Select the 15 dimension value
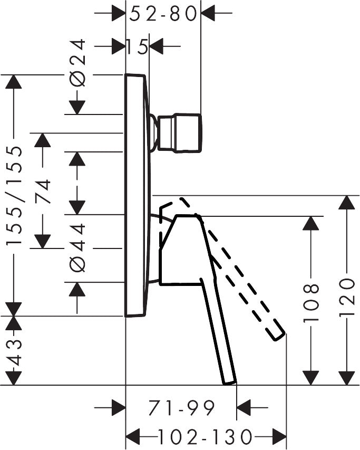click(137, 47)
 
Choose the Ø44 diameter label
click(77, 248)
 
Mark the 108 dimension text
click(312, 303)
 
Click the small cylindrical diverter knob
click(180, 133)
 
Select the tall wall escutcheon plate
click(136, 195)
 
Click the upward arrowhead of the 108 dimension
click(312, 224)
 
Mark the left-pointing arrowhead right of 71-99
click(245, 407)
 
